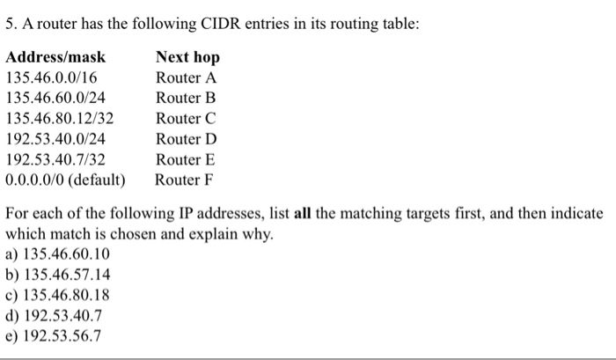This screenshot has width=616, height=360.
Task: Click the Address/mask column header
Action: pos(55,57)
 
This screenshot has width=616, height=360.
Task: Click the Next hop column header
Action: pos(187,57)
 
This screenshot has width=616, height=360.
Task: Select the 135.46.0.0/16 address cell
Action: pos(51,77)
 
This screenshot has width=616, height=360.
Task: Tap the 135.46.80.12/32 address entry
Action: pos(60,118)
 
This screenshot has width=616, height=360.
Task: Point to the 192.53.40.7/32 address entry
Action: pos(55,160)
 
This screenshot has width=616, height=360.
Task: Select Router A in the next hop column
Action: pos(186,77)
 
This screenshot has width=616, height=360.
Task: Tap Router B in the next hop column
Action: pos(186,98)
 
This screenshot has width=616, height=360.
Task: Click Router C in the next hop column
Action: pos(186,118)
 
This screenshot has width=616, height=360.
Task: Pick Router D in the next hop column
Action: pos(186,139)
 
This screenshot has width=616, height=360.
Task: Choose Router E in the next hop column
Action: pos(186,160)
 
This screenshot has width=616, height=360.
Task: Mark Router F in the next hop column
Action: pos(185,180)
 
